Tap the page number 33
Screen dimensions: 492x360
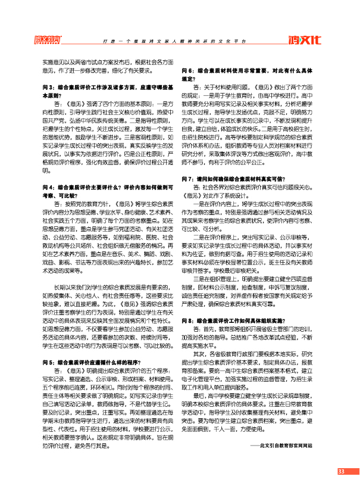341,472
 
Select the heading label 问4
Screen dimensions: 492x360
48,187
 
